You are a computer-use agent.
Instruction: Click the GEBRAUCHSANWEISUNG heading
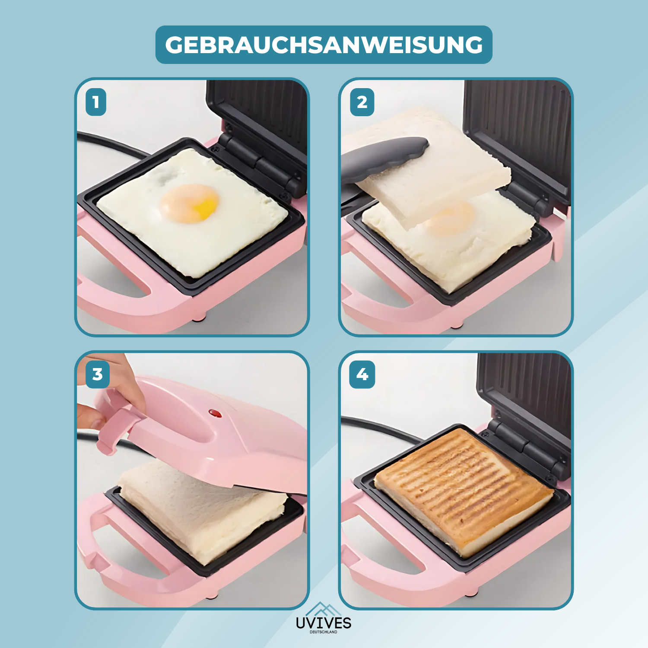point(324,45)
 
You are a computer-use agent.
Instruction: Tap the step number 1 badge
point(96,102)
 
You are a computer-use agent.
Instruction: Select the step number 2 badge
point(362,102)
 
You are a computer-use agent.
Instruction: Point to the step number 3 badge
point(98,374)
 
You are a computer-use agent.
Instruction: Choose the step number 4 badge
point(362,374)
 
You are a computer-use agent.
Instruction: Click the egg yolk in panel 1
point(190,203)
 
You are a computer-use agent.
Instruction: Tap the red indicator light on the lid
point(215,413)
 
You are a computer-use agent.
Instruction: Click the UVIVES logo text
point(324,623)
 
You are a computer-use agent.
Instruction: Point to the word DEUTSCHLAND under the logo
point(324,632)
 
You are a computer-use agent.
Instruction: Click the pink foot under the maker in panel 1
point(199,319)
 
